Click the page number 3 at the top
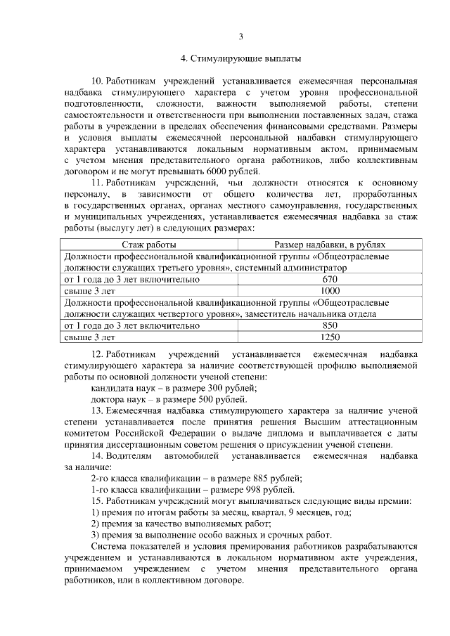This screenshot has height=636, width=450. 240,37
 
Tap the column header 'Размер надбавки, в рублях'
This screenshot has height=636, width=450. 329,244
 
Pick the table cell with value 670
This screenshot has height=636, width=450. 330,279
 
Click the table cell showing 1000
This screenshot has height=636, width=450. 330,290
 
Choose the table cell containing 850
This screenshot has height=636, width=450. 330,325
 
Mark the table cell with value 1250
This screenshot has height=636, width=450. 330,337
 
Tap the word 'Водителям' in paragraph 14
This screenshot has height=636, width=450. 130,455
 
